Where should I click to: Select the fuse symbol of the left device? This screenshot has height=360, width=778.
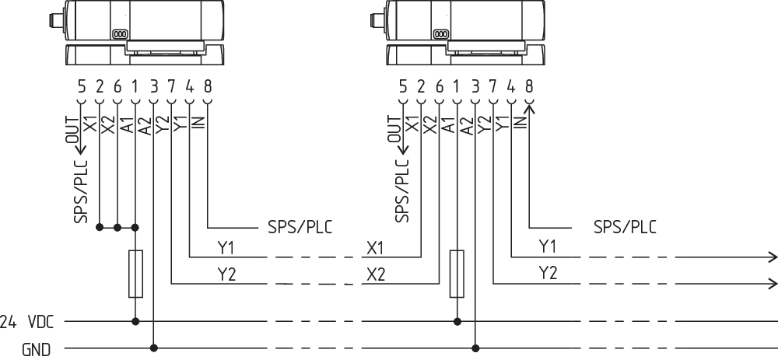coord(136,274)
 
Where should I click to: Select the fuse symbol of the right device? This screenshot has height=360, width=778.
coord(457,274)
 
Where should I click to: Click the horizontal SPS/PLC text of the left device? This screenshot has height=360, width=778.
coord(300,228)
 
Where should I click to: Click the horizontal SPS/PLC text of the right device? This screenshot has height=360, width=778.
coord(625,228)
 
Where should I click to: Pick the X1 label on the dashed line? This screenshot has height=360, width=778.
coord(376,248)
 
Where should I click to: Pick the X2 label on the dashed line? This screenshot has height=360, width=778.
coord(376,274)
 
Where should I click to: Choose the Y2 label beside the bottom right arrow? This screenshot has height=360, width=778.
coord(548,273)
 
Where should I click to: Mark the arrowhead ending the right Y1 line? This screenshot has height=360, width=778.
coord(773,257)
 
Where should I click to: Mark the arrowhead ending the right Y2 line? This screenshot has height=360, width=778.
coord(773,282)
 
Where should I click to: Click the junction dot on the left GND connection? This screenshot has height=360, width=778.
coord(154,348)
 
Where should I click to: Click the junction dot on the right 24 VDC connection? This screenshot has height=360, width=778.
coord(457,320)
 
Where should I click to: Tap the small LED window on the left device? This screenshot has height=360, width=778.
coord(120,35)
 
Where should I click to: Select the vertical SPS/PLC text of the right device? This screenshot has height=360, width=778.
coord(401,190)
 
